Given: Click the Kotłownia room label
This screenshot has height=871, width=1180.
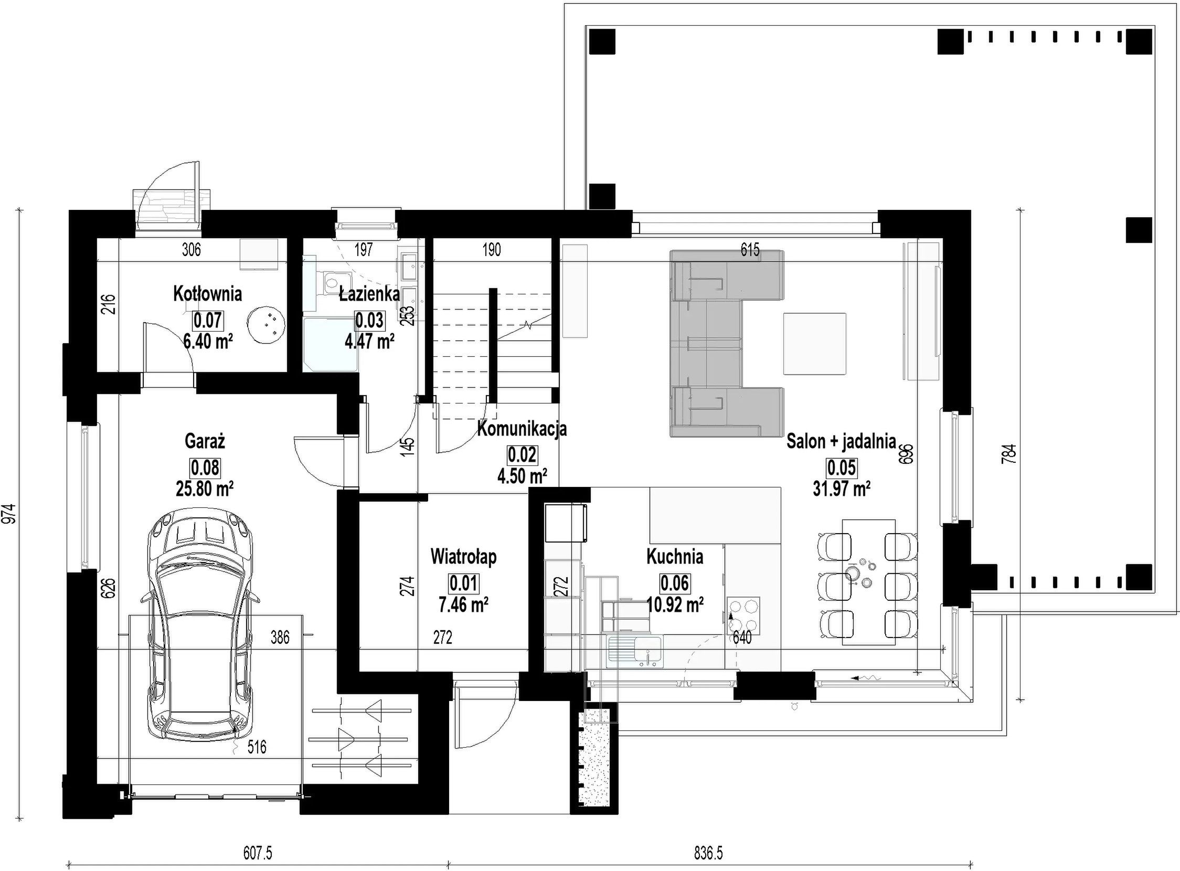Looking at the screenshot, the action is (x=207, y=294).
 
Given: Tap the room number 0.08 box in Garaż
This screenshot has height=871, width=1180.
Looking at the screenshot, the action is (x=205, y=468).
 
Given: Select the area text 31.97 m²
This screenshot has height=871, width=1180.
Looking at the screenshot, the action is (x=842, y=488).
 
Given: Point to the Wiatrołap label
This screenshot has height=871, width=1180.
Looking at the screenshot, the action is (x=463, y=557).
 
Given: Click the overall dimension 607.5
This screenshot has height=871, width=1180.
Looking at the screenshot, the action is (x=257, y=853).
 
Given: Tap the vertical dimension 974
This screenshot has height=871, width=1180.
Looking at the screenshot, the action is (x=9, y=514).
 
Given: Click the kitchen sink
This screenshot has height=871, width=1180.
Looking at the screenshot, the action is (x=635, y=649).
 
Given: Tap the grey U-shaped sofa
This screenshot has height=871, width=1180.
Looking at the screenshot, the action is (x=727, y=343).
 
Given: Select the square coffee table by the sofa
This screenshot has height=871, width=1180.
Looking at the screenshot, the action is (x=815, y=344).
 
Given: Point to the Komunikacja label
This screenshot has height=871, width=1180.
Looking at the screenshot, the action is (x=522, y=429).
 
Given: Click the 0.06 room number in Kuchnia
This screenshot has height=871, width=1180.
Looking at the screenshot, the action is (x=675, y=582).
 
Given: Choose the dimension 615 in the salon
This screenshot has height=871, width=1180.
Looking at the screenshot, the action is (x=750, y=249).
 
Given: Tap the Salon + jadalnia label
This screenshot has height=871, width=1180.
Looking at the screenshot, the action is (x=842, y=441).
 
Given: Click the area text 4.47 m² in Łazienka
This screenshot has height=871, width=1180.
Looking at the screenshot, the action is (x=369, y=342).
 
